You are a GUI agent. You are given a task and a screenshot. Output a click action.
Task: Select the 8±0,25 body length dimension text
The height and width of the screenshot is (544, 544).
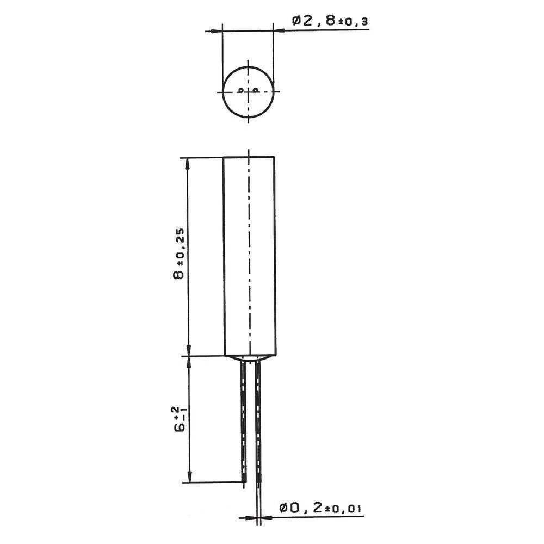(179, 254)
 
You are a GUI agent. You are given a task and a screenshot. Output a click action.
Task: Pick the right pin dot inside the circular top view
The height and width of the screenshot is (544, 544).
(255, 90)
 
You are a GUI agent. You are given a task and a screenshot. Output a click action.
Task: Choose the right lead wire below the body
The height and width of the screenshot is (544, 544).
(257, 422)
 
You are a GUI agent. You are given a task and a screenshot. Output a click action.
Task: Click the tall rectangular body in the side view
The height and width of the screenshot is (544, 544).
(249, 256)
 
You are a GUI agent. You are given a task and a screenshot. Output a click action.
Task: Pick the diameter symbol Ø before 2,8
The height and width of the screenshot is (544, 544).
(297, 21)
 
